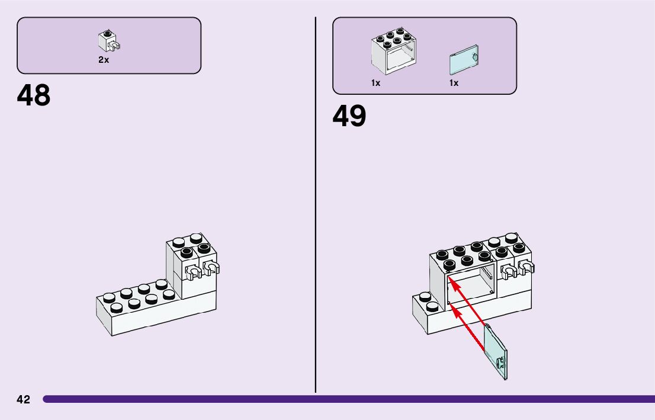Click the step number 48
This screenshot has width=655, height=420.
(34, 95)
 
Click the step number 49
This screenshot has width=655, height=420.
(349, 116)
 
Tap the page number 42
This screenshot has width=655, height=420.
(23, 399)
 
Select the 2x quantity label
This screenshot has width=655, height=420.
(104, 60)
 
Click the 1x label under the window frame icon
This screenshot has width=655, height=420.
(375, 84)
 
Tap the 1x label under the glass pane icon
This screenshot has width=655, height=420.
(454, 84)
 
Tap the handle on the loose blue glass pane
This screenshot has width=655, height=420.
(502, 363)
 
